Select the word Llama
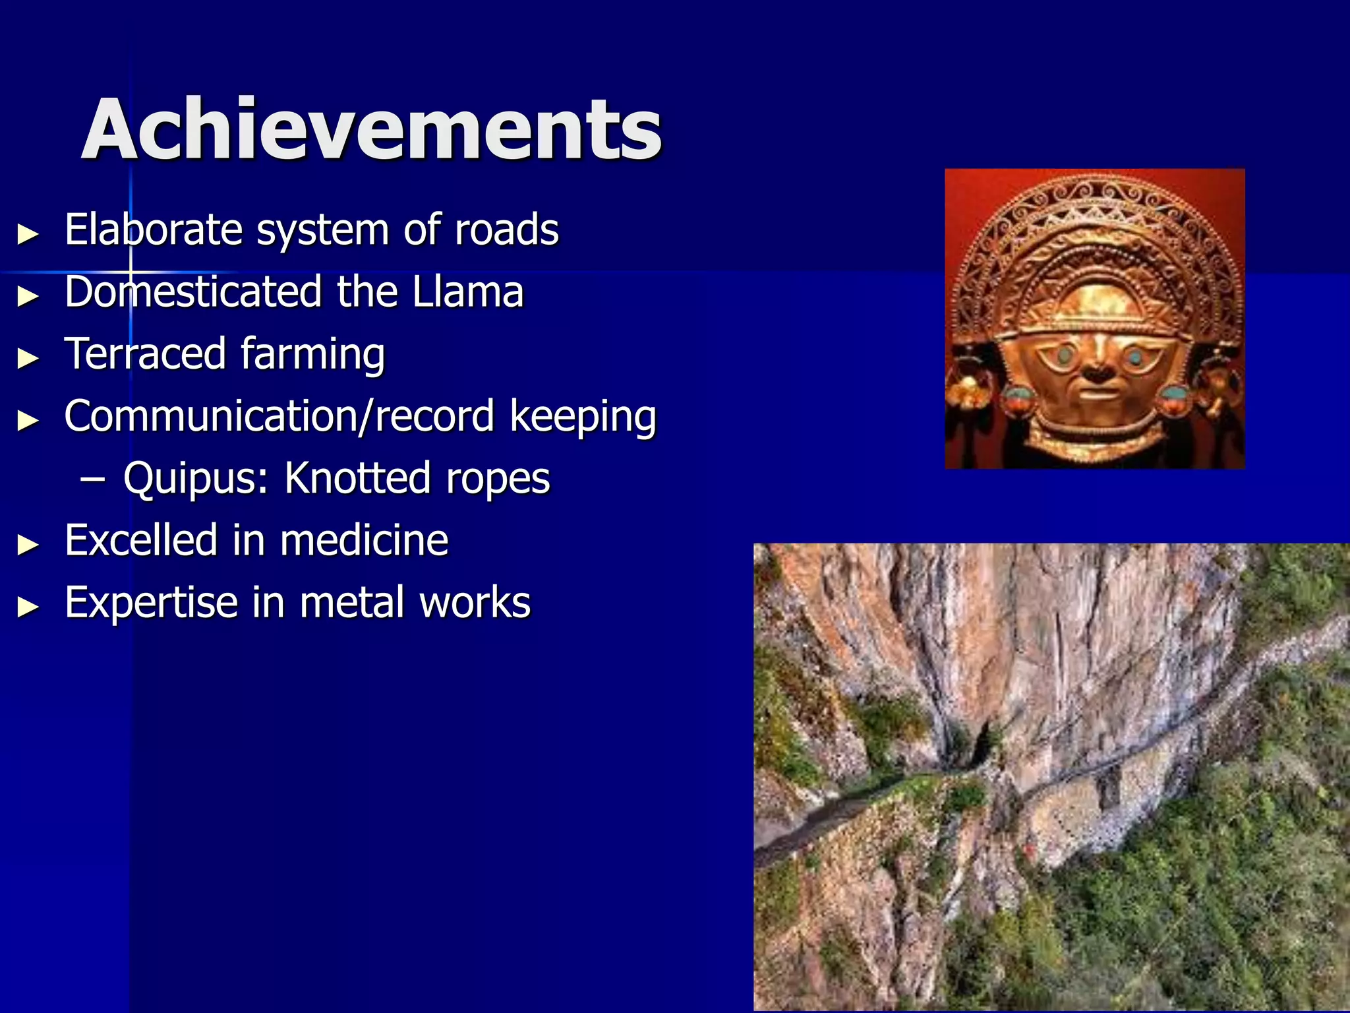(x=468, y=292)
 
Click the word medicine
(x=364, y=540)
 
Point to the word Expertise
(x=151, y=603)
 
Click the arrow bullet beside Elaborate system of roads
(x=28, y=233)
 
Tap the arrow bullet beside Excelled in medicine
(x=28, y=545)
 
